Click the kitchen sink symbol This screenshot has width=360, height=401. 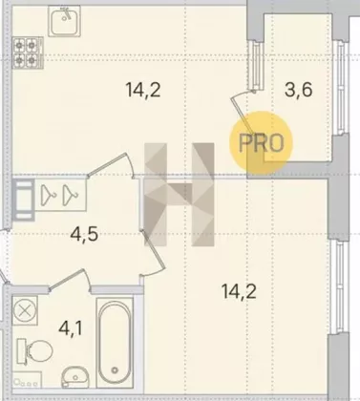click(x=64, y=21)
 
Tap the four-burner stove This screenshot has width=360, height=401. click(x=28, y=53)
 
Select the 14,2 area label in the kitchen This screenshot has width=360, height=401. click(x=143, y=90)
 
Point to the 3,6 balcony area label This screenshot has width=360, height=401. click(x=299, y=90)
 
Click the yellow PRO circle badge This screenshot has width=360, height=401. click(x=261, y=142)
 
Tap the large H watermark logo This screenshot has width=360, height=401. click(x=180, y=195)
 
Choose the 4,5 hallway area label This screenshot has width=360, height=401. click(x=85, y=235)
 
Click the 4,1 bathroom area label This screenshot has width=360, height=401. click(x=71, y=328)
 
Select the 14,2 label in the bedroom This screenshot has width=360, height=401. click(x=239, y=292)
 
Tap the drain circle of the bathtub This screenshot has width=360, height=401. click(x=115, y=369)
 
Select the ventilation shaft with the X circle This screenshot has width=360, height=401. click(x=25, y=310)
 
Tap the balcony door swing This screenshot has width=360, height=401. click(x=244, y=112)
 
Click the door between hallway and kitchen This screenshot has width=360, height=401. click(x=110, y=165)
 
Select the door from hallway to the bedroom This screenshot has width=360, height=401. click(x=152, y=253)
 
